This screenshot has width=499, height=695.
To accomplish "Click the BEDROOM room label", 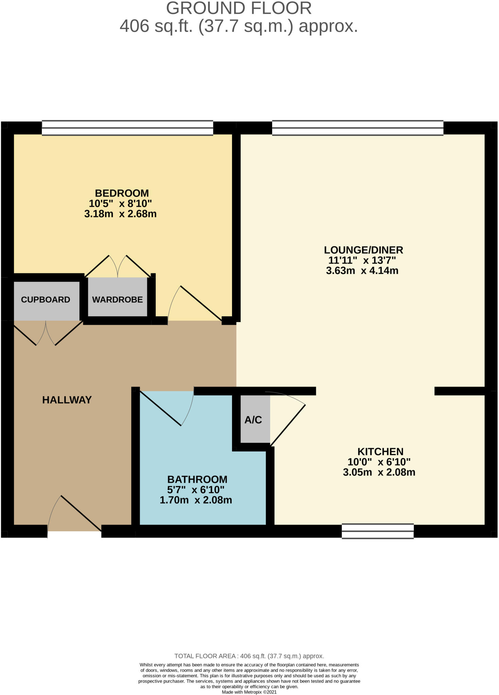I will (x=122, y=193).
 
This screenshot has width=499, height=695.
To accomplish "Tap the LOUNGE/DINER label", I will (x=363, y=250).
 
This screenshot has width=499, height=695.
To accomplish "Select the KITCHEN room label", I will (x=380, y=452).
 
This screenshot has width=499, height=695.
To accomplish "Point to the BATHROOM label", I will (x=197, y=480).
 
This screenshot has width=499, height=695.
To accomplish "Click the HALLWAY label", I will (x=67, y=400).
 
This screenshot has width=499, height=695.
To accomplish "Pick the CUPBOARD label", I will (x=46, y=300).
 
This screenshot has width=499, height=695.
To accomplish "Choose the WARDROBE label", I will (x=118, y=300).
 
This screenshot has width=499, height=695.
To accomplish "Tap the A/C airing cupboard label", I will (x=253, y=420).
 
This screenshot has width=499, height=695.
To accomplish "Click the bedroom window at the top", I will (x=127, y=128).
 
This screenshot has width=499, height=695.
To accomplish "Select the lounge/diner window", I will (x=358, y=128).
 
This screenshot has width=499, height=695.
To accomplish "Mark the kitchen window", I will (x=378, y=531).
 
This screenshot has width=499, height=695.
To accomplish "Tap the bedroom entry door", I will (x=197, y=304).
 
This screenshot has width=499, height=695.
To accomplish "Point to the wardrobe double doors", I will (x=118, y=266).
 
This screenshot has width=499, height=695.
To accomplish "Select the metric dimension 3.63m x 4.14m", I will (x=362, y=271).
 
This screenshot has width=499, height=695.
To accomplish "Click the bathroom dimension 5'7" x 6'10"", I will (x=196, y=490).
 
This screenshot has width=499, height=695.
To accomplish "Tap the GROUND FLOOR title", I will (x=239, y=8).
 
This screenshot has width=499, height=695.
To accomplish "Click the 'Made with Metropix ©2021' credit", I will (x=249, y=692).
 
